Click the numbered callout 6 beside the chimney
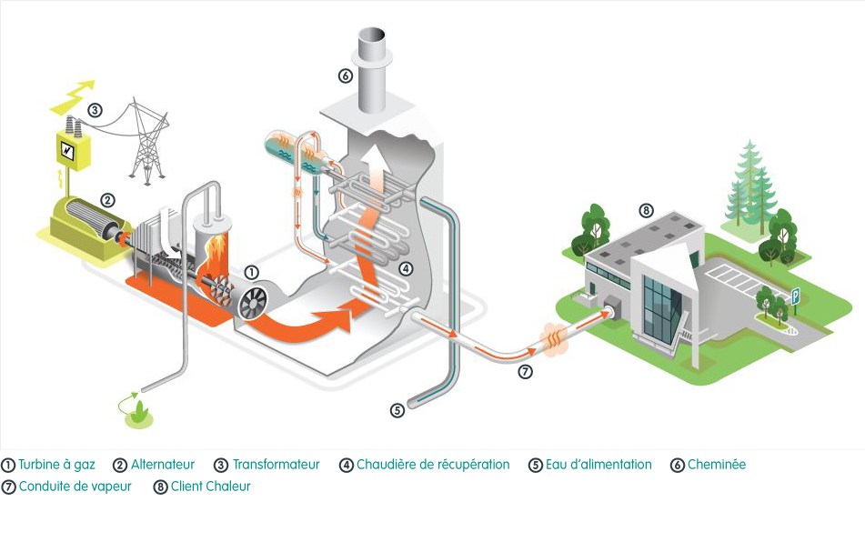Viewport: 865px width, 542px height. (x=345, y=76)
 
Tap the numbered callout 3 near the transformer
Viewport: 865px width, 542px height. (x=95, y=110)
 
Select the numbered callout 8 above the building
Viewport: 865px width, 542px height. (x=646, y=211)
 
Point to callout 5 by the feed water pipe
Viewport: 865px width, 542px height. (x=397, y=410)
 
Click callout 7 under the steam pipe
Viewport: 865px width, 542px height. (x=525, y=371)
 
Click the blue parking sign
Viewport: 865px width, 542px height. (x=795, y=296)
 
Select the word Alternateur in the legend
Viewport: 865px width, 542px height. (x=163, y=465)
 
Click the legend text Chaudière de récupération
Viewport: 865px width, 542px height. (x=433, y=465)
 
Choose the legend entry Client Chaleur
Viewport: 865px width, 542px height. (x=210, y=487)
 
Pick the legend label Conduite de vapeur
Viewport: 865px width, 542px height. (x=75, y=487)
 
